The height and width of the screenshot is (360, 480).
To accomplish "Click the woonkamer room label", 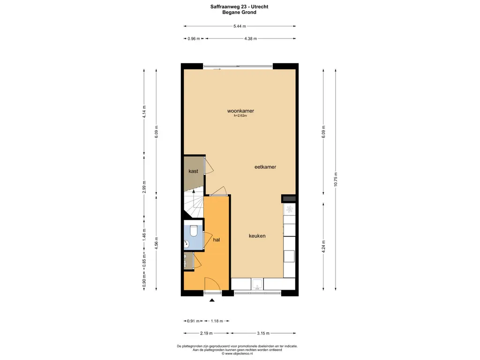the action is (240, 111).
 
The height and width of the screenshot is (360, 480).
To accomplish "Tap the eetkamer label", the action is (265, 167).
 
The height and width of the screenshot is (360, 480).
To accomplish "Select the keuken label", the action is (257, 236).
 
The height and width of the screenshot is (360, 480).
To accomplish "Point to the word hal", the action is (217, 240).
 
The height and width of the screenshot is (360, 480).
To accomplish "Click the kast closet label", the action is (193, 171).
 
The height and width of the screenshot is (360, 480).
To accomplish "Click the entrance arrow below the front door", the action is (212, 300).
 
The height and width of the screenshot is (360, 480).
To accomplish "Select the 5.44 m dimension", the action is (240, 26).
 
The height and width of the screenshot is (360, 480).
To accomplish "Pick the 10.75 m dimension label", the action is (336, 179).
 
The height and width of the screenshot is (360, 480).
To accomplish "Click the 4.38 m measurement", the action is (250, 38).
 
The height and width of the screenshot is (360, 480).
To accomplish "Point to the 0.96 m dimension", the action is (194, 38).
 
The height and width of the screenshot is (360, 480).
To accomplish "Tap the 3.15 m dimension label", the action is (263, 333).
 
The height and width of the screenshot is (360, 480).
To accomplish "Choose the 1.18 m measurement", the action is (217, 321).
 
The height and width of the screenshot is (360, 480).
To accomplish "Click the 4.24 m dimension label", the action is (323, 247).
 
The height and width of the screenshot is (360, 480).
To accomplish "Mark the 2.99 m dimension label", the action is (144, 187).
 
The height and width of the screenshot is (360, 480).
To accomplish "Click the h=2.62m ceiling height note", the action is (240, 116).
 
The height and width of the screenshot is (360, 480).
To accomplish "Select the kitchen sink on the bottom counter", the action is (257, 284).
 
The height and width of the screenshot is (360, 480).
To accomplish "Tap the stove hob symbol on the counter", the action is (289, 210).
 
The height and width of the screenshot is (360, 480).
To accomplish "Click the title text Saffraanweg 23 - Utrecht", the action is (239, 7).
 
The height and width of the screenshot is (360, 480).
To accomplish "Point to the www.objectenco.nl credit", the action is (237, 353).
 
